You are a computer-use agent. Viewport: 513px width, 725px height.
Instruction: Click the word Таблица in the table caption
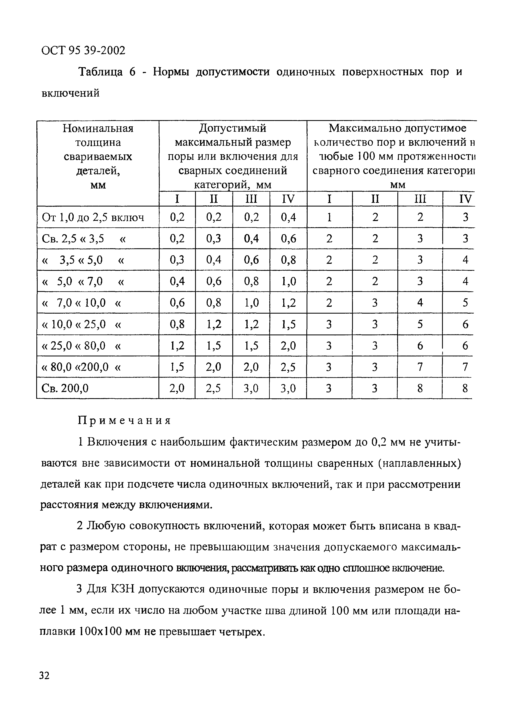101,72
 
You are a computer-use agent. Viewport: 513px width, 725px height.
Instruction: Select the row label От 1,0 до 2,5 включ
93,217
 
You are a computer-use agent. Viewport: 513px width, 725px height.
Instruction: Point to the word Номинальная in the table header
98,129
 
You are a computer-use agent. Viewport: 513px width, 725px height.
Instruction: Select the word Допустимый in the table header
233,129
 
